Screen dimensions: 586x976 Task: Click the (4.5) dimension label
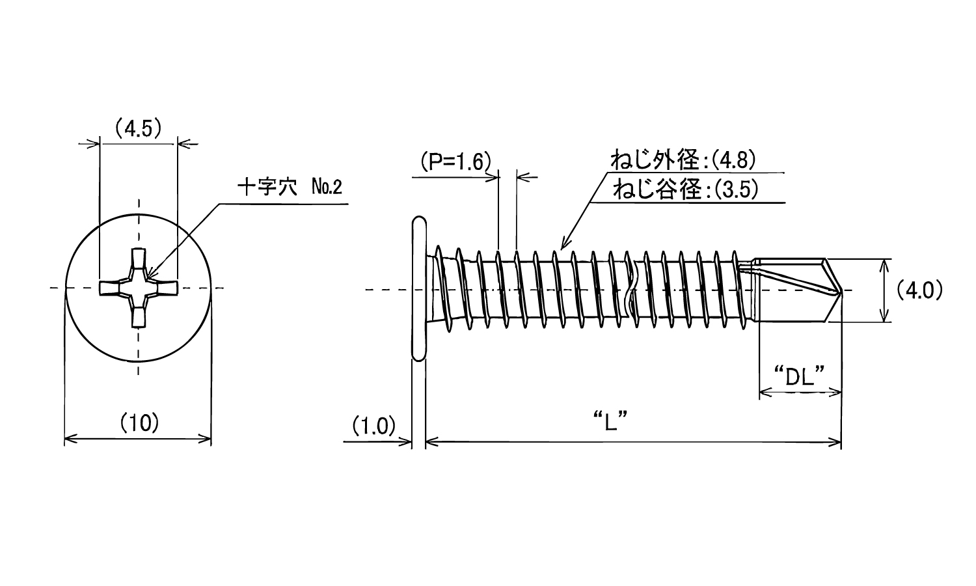tap(138, 128)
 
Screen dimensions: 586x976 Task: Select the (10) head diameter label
tap(139, 424)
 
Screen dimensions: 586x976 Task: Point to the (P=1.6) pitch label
tap(453, 161)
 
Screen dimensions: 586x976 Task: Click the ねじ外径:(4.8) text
tap(683, 160)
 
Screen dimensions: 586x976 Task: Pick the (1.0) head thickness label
tap(374, 426)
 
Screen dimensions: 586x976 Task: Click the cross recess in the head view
tap(138, 288)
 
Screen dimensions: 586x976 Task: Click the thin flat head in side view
tap(419, 288)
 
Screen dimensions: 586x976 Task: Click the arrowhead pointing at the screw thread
tap(563, 245)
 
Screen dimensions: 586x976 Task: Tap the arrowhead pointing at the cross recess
tap(152, 276)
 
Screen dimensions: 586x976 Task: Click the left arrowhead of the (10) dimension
tap(69, 439)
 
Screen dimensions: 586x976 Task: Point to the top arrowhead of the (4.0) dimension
tap(884, 264)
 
